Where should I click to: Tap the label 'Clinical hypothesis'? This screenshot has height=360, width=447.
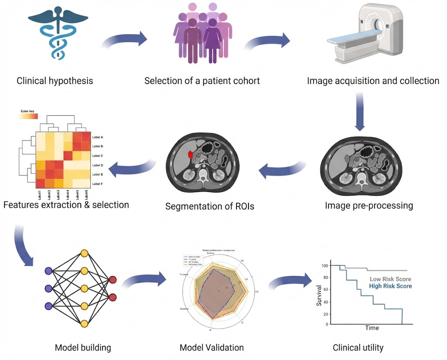55,81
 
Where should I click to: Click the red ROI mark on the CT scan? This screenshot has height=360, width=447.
191,154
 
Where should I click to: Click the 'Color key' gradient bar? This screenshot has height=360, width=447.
29,117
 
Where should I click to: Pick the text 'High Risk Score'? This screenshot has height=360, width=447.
390,286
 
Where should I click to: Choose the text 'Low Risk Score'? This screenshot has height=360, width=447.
390,279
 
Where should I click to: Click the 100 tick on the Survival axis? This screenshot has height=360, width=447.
324,265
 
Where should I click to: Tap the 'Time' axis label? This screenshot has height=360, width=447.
372,328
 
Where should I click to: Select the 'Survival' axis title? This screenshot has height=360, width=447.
319,295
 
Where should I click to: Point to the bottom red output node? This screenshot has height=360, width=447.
113,297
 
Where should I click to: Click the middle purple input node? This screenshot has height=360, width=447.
48,288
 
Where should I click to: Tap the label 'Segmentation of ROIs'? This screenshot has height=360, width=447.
210,206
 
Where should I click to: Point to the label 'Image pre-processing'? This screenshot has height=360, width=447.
369,205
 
